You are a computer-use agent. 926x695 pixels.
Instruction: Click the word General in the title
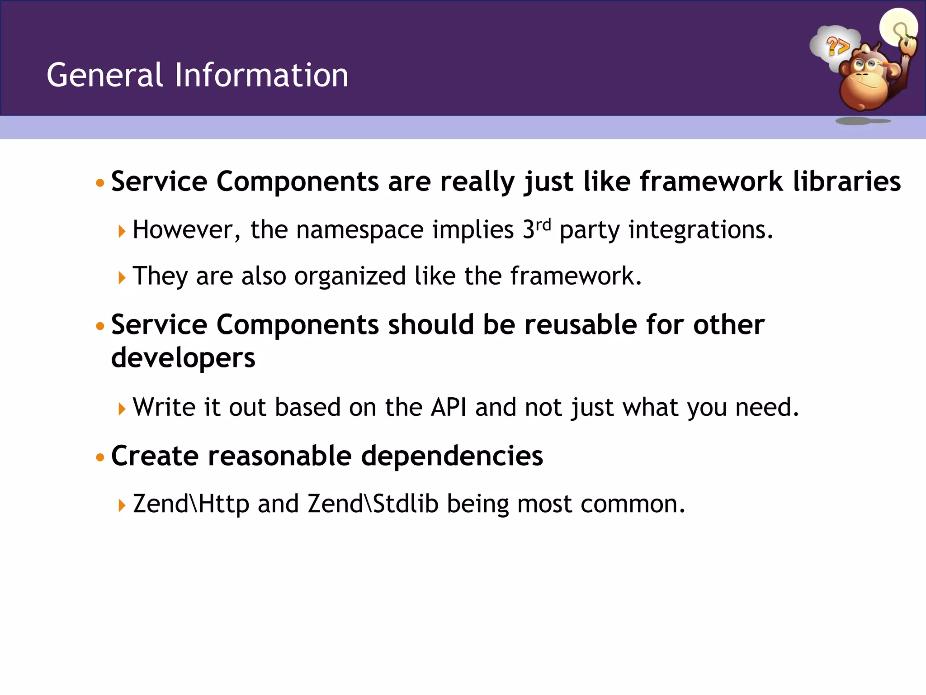click(104, 75)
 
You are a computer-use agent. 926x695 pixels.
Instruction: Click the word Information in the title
click(261, 75)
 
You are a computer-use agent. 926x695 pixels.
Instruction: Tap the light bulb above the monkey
click(898, 27)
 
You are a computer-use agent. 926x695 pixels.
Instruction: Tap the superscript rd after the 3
click(543, 224)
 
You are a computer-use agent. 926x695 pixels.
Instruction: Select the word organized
click(350, 276)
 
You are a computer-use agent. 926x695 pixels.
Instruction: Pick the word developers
click(183, 358)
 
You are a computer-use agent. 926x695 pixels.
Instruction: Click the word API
click(449, 407)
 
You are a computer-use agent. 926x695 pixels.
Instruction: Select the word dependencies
click(452, 456)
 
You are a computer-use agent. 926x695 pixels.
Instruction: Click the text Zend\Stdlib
click(373, 504)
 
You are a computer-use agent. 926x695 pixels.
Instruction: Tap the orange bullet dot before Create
click(100, 458)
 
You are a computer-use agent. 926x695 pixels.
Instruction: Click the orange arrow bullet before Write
click(121, 409)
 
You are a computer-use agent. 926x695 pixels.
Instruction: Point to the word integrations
click(701, 230)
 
